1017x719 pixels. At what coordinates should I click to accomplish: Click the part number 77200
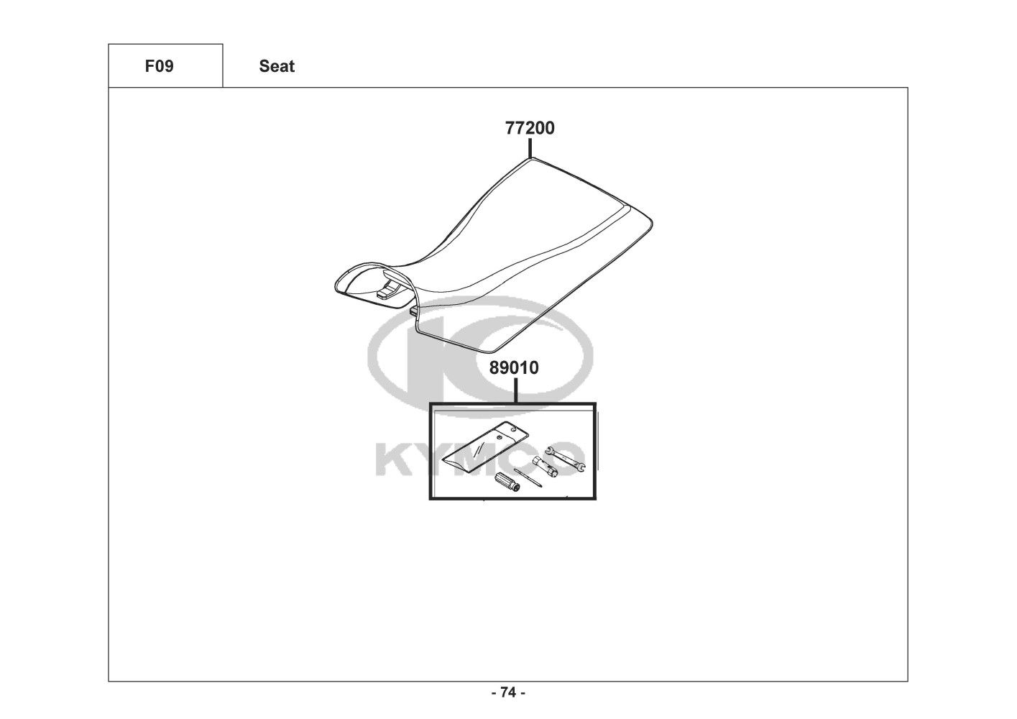(x=530, y=129)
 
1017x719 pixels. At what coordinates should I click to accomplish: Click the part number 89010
(x=514, y=368)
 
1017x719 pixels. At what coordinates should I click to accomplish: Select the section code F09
(x=159, y=66)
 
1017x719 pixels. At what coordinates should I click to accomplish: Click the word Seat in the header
(x=277, y=66)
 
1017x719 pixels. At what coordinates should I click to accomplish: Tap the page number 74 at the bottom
(x=508, y=693)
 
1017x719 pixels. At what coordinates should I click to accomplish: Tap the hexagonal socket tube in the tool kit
(x=545, y=466)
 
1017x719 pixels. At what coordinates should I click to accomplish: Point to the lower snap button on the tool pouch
(x=499, y=436)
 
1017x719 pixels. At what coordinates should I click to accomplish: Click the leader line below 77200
(x=530, y=148)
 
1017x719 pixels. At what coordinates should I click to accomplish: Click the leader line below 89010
(x=515, y=389)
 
